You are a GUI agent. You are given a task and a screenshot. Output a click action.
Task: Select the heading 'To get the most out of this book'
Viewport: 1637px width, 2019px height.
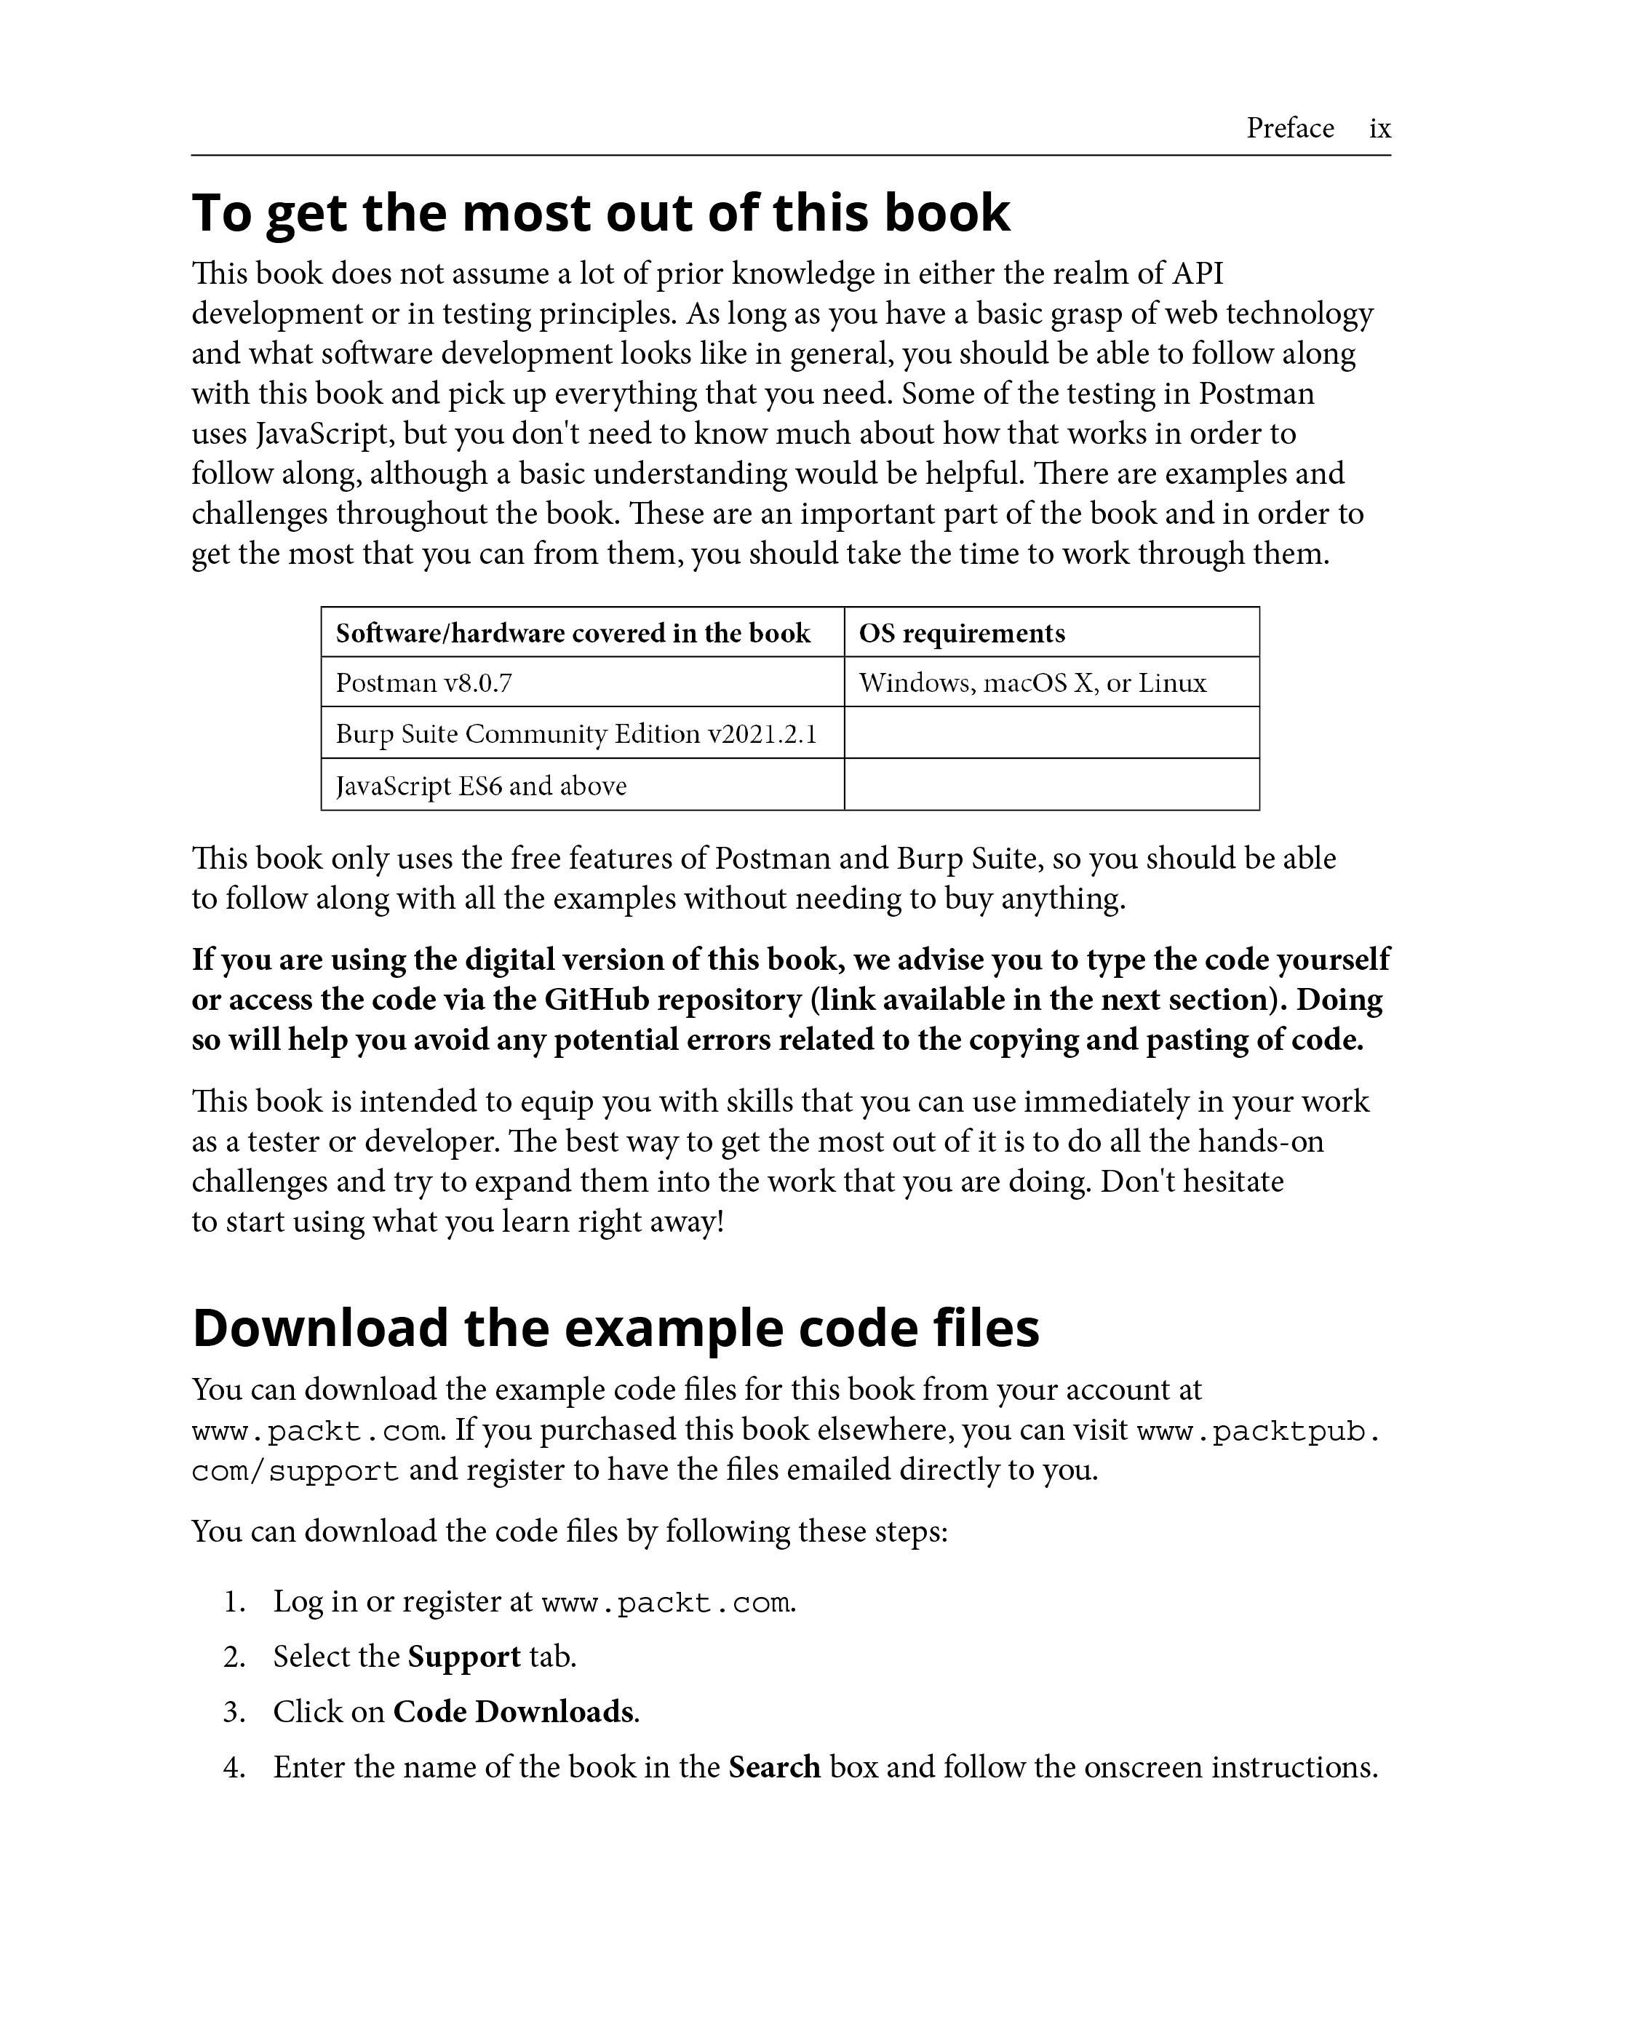[x=601, y=212]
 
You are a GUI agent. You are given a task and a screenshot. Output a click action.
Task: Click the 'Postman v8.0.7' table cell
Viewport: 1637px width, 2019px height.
[x=424, y=682]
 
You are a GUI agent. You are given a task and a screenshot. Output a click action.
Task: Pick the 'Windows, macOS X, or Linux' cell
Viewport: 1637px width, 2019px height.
[x=1032, y=682]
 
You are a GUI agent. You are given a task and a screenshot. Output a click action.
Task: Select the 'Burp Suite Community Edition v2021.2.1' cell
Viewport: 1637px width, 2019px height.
[x=576, y=733]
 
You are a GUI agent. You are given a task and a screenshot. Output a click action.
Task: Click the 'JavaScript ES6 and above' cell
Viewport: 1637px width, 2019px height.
[x=481, y=786]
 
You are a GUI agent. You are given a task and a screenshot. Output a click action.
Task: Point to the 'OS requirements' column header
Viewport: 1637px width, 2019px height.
[x=962, y=633]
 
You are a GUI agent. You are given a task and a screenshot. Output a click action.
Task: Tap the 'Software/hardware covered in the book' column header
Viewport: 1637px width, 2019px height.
[x=573, y=633]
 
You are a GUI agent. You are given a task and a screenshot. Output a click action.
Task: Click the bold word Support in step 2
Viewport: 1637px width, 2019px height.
[x=464, y=1657]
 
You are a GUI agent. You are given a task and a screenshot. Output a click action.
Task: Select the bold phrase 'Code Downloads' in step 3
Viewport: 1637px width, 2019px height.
[x=514, y=1711]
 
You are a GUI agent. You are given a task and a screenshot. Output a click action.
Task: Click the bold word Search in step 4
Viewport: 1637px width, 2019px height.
[x=774, y=1767]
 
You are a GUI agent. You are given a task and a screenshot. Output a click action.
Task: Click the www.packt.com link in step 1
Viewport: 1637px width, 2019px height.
[x=666, y=1603]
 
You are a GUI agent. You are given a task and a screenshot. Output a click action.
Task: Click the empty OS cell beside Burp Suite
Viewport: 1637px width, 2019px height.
[x=1051, y=733]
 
